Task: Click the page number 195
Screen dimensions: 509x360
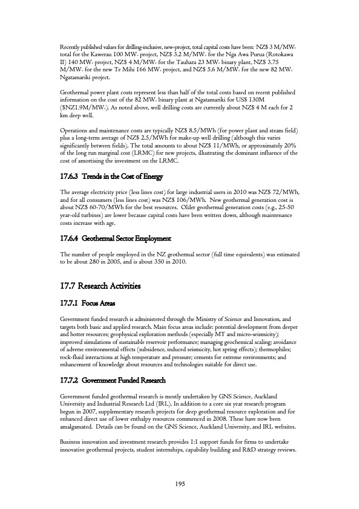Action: click(x=180, y=482)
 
